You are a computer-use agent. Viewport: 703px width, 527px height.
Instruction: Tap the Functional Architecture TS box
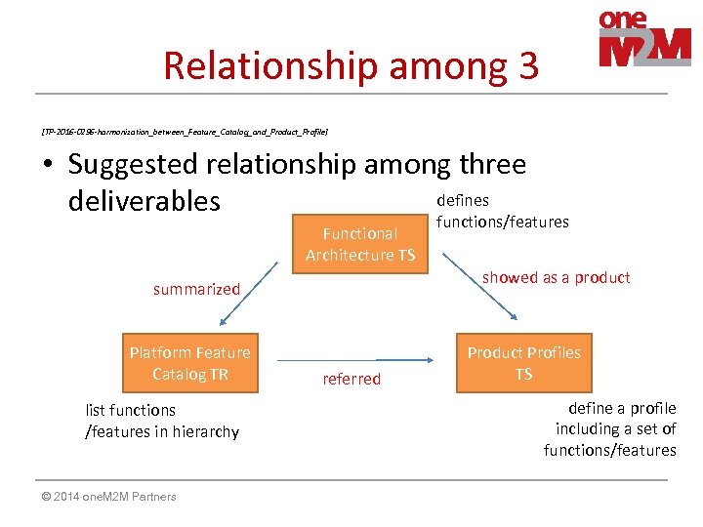click(359, 244)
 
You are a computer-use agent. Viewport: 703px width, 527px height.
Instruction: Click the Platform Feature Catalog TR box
click(190, 363)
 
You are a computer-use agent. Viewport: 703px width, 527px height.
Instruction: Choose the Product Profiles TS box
click(523, 363)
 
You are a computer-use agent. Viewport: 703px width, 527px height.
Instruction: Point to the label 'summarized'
click(196, 289)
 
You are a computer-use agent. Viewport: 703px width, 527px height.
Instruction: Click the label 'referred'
click(351, 379)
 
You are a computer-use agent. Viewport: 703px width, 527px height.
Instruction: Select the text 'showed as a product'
click(556, 277)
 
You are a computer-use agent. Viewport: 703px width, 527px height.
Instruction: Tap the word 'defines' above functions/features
click(463, 200)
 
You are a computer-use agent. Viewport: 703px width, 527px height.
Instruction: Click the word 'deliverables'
click(145, 201)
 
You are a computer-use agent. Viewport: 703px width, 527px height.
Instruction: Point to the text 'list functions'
click(131, 410)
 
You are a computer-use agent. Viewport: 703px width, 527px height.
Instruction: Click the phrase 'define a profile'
click(621, 408)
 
